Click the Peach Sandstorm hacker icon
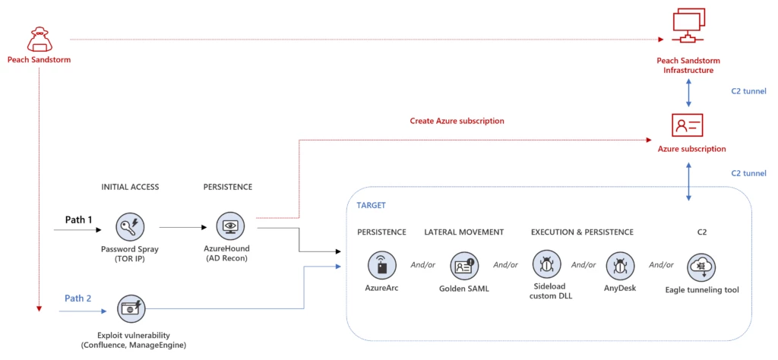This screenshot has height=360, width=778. (39, 39)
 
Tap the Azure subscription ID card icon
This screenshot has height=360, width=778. (688, 125)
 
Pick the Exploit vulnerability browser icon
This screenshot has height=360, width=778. (131, 308)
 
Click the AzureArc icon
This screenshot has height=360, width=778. (381, 265)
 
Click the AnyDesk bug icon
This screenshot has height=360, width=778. (621, 265)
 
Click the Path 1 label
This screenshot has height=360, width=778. (78, 220)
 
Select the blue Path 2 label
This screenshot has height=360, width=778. (78, 298)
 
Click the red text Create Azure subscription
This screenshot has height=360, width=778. (457, 121)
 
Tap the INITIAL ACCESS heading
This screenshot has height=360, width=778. (130, 187)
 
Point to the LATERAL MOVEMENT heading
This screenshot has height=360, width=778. (463, 232)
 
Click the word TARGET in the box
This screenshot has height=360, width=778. (372, 204)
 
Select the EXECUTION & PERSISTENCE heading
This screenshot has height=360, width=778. (582, 232)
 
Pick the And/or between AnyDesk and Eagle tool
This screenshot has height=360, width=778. (661, 265)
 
